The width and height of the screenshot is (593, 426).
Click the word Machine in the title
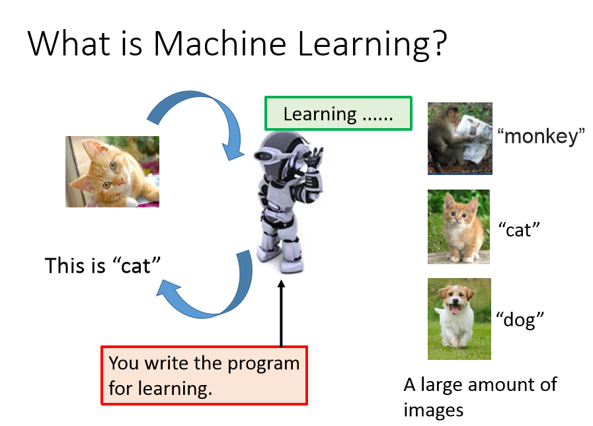219,44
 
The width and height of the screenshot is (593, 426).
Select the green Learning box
338,114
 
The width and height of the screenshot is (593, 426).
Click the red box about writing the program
204,375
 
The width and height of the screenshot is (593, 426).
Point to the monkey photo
460,138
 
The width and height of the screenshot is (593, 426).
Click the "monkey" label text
541,136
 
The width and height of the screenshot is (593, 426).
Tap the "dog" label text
520,320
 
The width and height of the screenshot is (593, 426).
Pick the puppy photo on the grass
459,319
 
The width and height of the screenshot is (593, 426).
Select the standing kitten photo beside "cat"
459,227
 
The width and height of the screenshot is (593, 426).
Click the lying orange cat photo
112,172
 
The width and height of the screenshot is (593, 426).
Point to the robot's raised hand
315,158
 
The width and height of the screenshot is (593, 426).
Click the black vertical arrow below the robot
281,313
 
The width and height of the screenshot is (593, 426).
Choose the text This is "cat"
103,266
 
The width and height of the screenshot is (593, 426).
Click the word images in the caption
434,410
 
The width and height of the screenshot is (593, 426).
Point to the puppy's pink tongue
456,310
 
